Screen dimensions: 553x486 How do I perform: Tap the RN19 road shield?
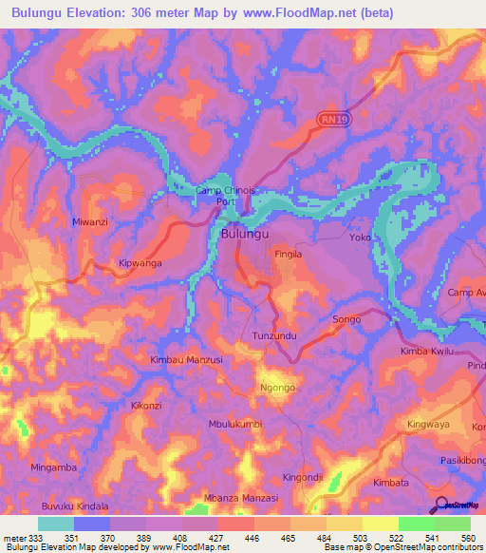(x=329, y=120)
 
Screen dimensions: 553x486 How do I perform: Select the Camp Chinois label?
(x=225, y=191)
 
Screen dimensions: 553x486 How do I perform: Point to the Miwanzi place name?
(x=91, y=221)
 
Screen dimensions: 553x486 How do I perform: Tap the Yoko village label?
(x=360, y=237)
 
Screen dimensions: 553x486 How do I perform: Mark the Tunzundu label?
(x=275, y=337)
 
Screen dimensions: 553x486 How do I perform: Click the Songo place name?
(x=346, y=319)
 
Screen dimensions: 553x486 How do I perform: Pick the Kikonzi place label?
(x=147, y=405)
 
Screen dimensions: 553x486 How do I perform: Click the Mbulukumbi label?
(x=234, y=424)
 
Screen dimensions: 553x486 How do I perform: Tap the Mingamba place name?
(x=53, y=467)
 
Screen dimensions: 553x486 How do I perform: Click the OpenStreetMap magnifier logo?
(x=440, y=504)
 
